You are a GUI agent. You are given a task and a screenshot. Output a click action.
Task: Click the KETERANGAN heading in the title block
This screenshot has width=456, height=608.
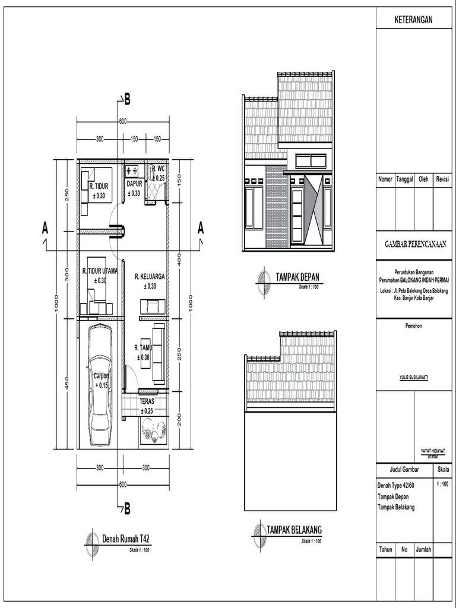414,20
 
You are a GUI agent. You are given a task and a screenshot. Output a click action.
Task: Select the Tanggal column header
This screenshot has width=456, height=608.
404,179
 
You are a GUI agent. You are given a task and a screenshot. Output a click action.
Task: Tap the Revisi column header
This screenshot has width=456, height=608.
442,179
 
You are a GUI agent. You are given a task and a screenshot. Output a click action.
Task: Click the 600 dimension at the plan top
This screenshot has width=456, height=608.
123,122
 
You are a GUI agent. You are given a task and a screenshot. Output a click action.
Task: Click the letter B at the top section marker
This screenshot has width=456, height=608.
128,100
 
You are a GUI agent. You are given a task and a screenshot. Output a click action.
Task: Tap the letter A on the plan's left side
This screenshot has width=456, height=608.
45,227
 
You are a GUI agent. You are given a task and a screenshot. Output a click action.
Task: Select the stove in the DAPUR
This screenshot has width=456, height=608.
132,171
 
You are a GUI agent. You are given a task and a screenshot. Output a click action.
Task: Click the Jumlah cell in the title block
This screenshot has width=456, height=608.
424,550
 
